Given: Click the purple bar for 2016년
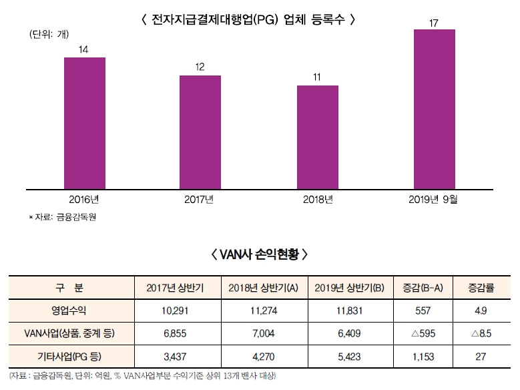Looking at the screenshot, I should pyautogui.click(x=85, y=123).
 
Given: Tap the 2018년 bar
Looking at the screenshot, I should pyautogui.click(x=317, y=137).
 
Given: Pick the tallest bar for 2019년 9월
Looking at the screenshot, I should pyautogui.click(x=435, y=109).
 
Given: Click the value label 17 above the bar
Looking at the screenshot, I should pyautogui.click(x=434, y=23).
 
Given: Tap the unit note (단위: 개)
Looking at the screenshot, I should pyautogui.click(x=49, y=35).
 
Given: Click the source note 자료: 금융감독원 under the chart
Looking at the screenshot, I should pyautogui.click(x=63, y=217).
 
